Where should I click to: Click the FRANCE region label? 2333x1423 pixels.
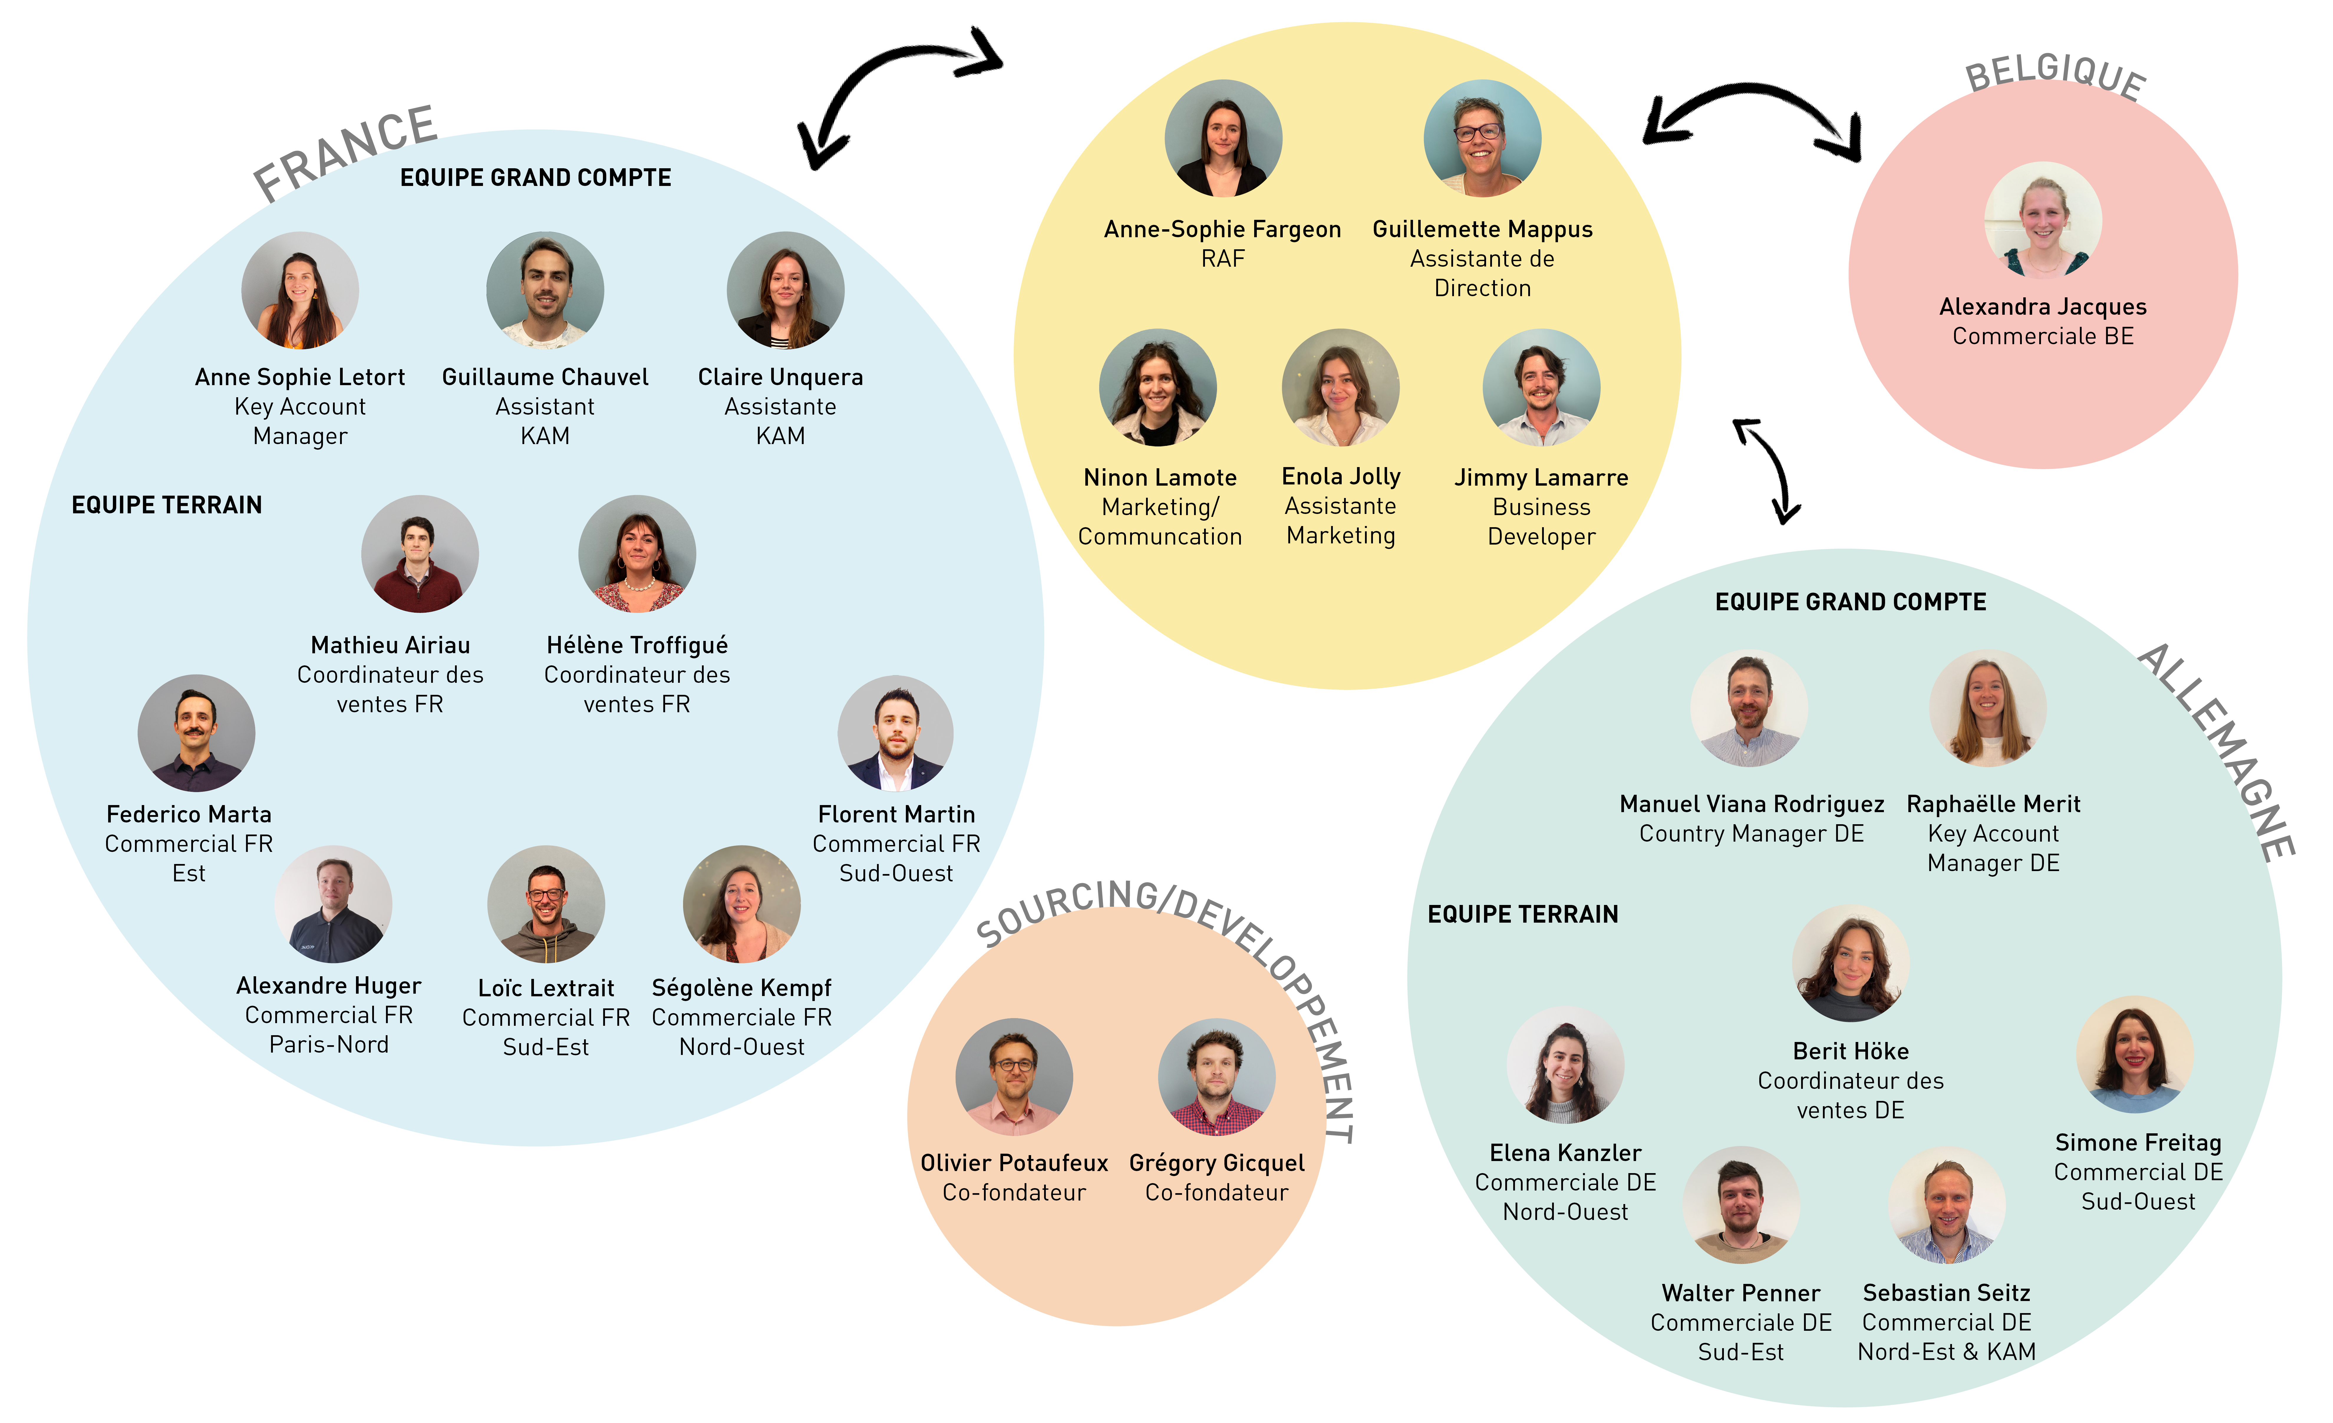(346, 151)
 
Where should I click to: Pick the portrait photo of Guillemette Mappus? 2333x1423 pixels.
(1483, 138)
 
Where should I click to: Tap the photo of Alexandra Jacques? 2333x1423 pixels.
(2043, 220)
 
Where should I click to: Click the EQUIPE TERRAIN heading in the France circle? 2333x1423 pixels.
(167, 504)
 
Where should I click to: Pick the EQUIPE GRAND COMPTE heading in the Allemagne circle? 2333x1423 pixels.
(1851, 602)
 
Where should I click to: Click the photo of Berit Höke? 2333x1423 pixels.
(1851, 963)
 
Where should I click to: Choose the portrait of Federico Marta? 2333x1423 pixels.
(196, 733)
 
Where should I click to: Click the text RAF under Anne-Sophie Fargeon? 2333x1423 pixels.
(1222, 258)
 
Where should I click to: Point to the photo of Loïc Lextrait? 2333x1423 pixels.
(546, 904)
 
